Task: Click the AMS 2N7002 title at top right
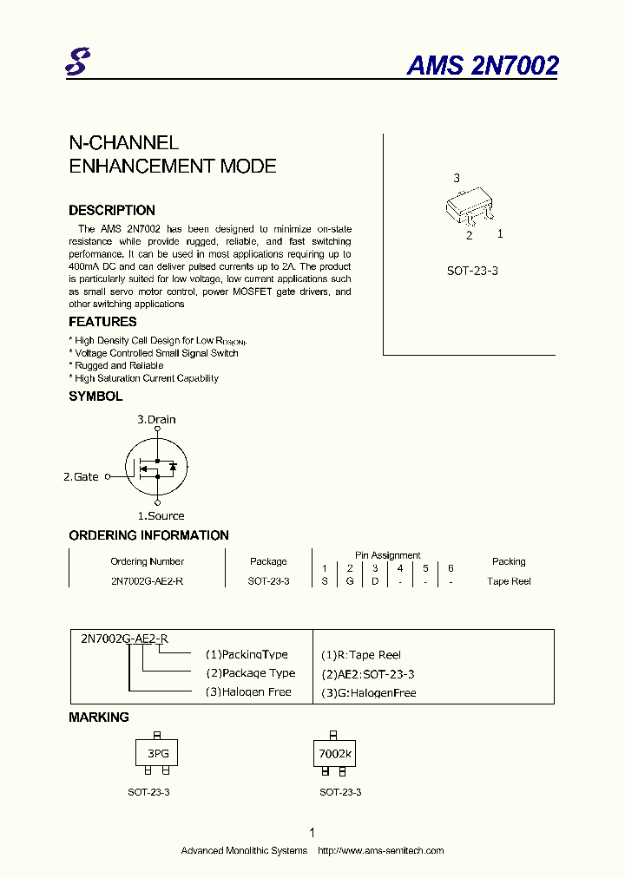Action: (x=482, y=66)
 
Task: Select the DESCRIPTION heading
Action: (x=112, y=210)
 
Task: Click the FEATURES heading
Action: (x=102, y=322)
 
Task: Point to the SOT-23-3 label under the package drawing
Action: (x=472, y=271)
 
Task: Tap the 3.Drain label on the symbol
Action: (x=156, y=419)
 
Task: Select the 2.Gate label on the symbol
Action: (x=82, y=476)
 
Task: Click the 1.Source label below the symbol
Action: (x=161, y=515)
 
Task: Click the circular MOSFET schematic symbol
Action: (x=156, y=467)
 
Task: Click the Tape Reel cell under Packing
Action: (x=509, y=581)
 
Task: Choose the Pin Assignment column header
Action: (x=387, y=555)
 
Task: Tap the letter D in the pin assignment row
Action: (x=375, y=581)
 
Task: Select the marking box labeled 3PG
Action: (x=157, y=754)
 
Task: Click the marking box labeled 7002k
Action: (x=335, y=754)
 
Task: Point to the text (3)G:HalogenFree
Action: (x=368, y=692)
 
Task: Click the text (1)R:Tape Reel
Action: (x=361, y=655)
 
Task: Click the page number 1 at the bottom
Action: (x=312, y=832)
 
